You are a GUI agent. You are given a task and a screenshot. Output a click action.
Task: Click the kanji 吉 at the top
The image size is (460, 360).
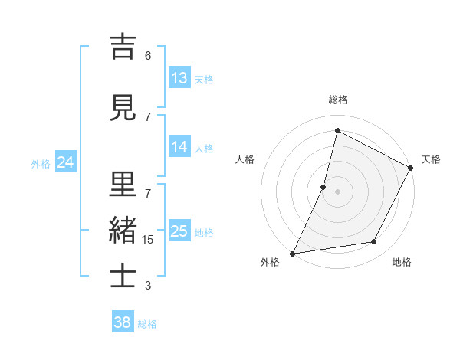(123, 47)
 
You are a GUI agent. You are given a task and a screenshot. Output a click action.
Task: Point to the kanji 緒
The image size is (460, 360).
(123, 231)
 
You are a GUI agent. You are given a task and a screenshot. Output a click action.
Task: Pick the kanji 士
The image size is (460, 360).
(123, 277)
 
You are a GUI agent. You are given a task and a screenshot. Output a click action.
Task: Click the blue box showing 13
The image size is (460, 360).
(179, 77)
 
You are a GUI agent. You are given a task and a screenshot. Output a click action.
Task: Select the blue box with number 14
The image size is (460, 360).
(179, 147)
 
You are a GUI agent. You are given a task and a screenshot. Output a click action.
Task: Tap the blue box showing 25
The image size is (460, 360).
(179, 231)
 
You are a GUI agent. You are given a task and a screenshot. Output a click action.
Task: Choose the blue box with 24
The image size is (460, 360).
(65, 162)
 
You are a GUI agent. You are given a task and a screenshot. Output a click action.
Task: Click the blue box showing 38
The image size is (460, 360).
(123, 322)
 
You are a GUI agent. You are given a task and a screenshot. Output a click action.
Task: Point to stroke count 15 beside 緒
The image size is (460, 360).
(148, 240)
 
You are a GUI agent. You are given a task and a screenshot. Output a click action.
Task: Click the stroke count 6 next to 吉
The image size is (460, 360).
(148, 56)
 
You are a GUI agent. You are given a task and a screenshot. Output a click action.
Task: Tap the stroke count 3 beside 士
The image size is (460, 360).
(148, 286)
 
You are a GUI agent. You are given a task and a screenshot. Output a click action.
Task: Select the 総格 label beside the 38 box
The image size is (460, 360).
(147, 324)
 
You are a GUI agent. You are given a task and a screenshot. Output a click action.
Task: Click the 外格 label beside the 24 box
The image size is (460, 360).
(41, 163)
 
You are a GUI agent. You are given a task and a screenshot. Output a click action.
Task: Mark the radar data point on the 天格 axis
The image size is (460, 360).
(411, 169)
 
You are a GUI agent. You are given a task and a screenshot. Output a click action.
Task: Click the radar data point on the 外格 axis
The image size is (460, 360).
(292, 254)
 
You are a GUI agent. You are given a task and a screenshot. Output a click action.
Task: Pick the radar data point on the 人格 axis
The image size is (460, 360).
(324, 187)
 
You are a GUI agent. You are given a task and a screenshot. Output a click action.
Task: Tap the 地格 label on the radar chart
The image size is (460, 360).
(402, 262)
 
